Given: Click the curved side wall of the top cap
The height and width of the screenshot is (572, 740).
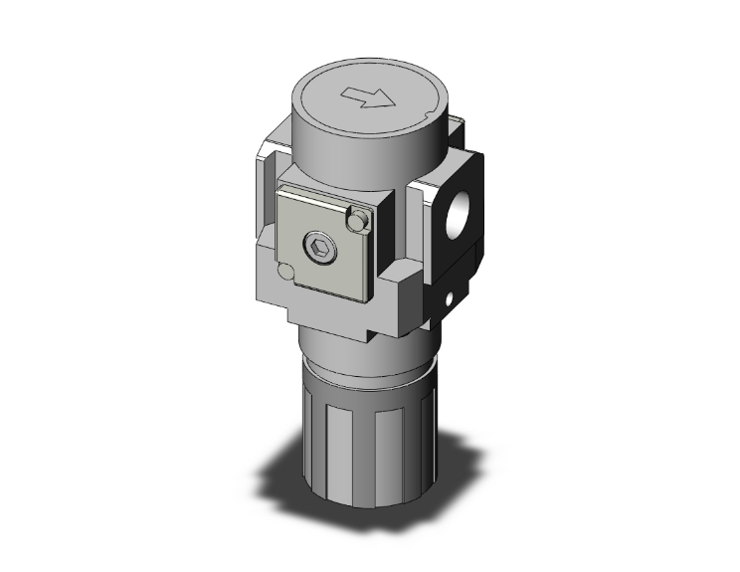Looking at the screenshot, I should pyautogui.click(x=338, y=149).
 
